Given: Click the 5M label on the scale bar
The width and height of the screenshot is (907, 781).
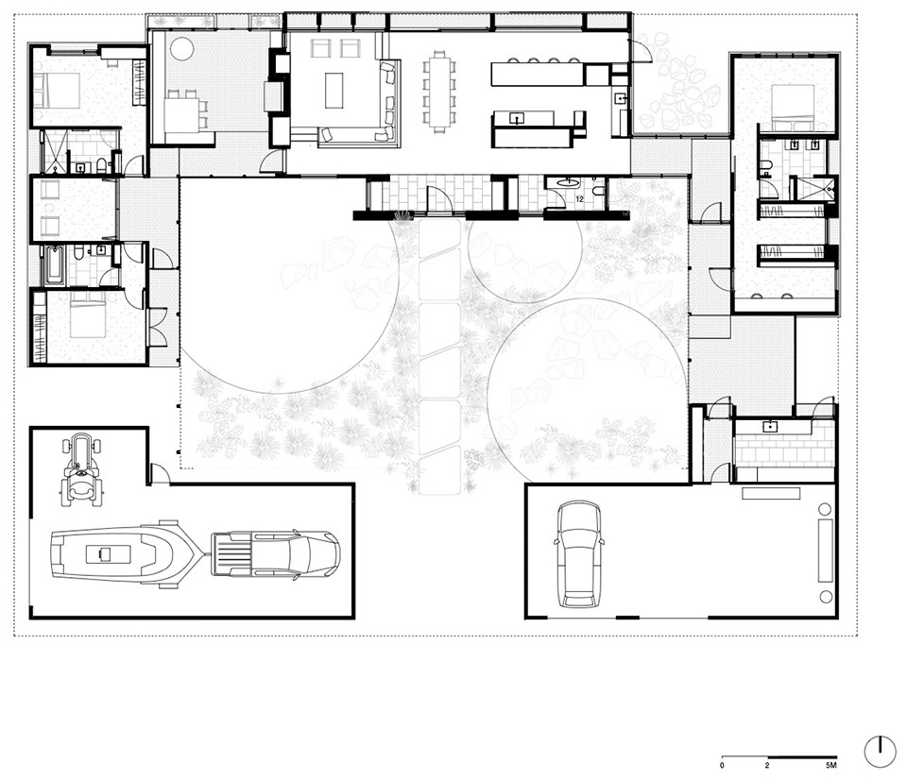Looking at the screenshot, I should tap(831, 765).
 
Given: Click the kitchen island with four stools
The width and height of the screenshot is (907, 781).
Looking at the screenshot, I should tap(536, 74).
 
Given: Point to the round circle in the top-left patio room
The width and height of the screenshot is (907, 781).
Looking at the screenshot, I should tap(181, 48).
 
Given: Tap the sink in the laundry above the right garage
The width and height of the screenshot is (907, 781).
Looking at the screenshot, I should tap(770, 426).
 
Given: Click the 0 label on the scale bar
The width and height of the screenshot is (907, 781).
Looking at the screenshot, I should tap(723, 765).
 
